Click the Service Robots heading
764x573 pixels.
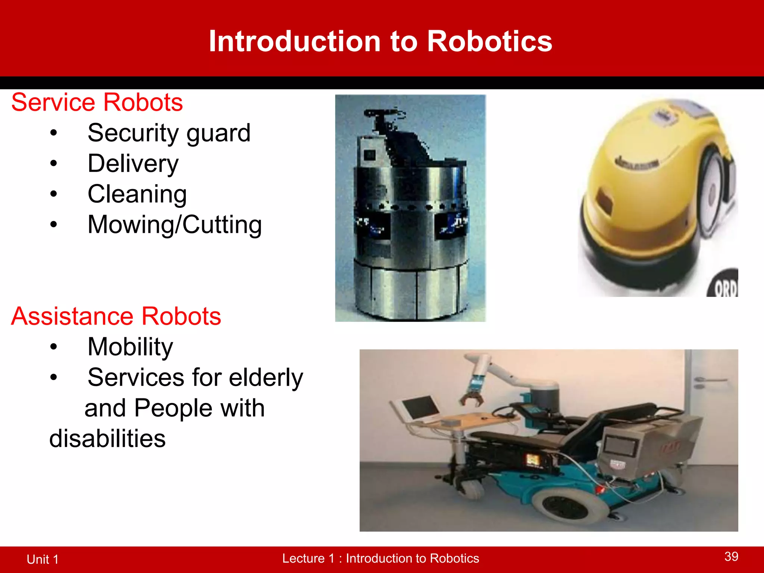(x=97, y=103)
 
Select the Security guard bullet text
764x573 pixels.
(x=169, y=133)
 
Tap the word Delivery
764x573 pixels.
(x=133, y=164)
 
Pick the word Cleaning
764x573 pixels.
(x=137, y=194)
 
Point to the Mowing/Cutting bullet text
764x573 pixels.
(x=175, y=225)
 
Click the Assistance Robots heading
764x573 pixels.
(x=116, y=316)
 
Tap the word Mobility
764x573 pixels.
(x=130, y=347)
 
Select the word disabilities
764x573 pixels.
(x=107, y=439)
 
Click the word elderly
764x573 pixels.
(x=266, y=378)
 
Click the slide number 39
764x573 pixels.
(x=731, y=557)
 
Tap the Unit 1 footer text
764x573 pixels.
(x=43, y=559)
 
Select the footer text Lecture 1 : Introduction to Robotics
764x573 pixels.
(x=381, y=558)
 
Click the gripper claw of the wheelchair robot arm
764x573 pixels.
(x=472, y=397)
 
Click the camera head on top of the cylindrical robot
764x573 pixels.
(x=384, y=114)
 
